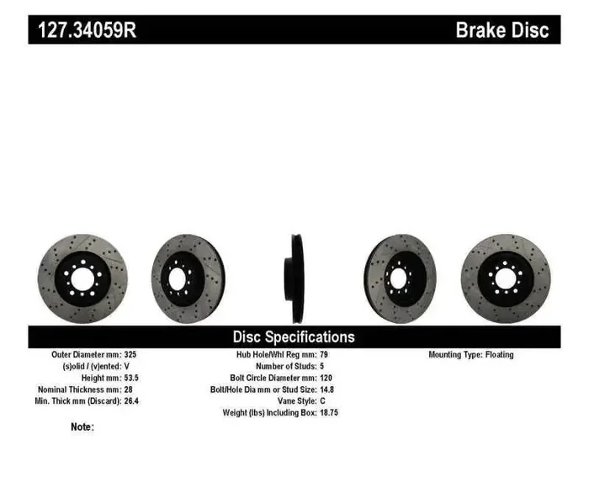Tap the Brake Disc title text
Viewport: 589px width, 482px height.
click(x=501, y=30)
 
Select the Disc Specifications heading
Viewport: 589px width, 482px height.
click(x=294, y=336)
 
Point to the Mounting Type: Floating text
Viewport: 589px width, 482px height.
click(x=470, y=354)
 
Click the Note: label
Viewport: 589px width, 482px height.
click(x=82, y=426)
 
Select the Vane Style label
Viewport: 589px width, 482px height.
click(x=290, y=401)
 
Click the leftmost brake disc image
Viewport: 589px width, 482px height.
click(x=82, y=278)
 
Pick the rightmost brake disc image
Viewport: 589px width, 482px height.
click(x=505, y=278)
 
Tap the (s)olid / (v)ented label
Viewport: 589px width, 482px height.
click(x=88, y=366)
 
